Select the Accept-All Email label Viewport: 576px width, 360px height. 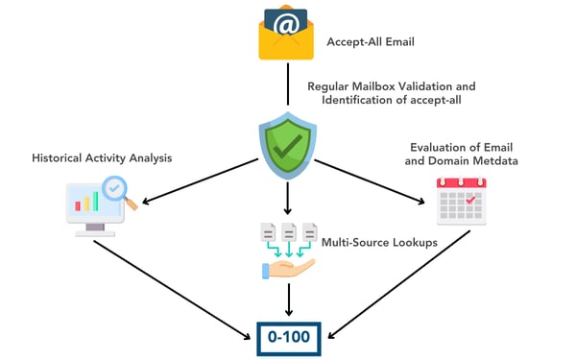(x=369, y=42)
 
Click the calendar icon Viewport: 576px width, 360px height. (x=459, y=200)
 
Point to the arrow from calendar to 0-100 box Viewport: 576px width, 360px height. (x=394, y=283)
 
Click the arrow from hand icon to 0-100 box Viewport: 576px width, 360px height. (x=287, y=301)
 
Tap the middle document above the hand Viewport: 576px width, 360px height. (x=286, y=233)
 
